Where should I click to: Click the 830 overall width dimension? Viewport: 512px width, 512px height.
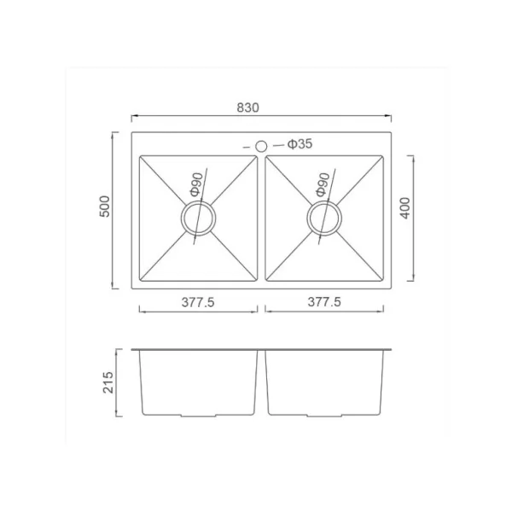tap(247, 108)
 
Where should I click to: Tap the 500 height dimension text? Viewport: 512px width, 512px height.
tap(105, 207)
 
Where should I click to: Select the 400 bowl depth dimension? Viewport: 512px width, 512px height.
tap(404, 208)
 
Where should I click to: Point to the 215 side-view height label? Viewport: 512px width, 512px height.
tap(108, 382)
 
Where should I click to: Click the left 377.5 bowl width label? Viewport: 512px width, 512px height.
tap(198, 302)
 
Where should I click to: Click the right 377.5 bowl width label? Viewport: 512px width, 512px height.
tap(324, 302)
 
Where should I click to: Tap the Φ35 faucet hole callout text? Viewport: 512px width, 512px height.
tap(300, 143)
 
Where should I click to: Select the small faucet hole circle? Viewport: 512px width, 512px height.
tap(261, 146)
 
